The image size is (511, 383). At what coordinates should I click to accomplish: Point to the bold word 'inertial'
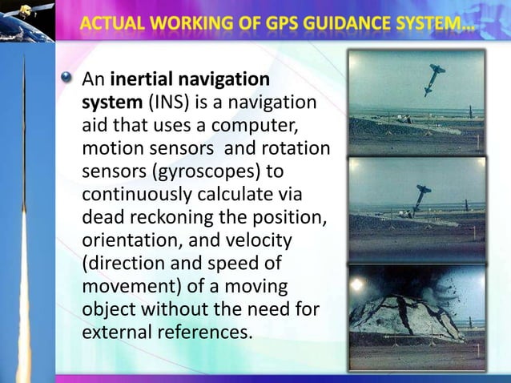point(143,81)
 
